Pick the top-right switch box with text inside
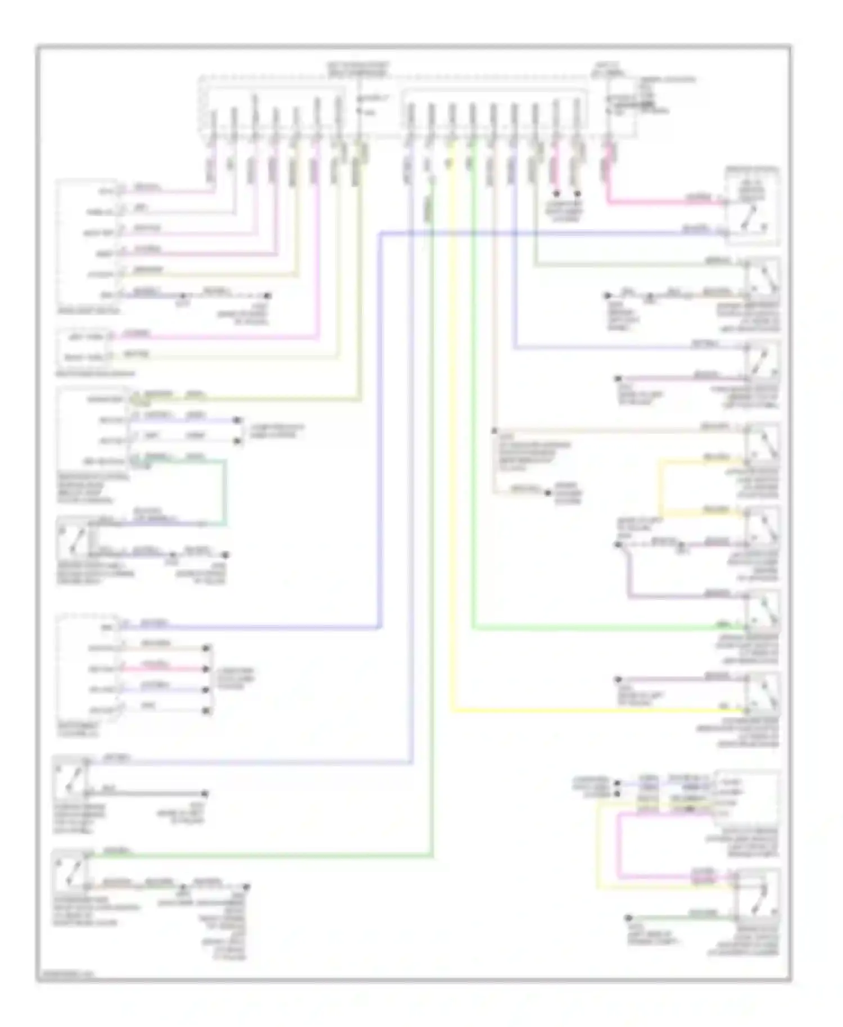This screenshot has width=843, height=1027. (x=752, y=206)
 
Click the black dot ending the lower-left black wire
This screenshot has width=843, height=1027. (x=205, y=794)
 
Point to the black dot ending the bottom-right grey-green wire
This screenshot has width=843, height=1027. (x=628, y=918)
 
